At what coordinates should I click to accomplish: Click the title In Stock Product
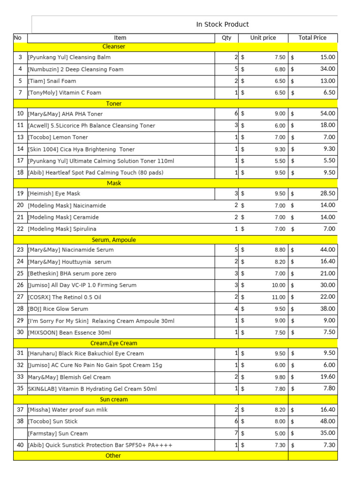pyautogui.click(x=222, y=24)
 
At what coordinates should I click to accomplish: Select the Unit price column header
pyautogui.click(x=263, y=38)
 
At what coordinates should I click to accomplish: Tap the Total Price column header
pyautogui.click(x=313, y=38)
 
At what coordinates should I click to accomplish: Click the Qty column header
pyautogui.click(x=226, y=38)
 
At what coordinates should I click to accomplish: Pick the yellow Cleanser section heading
pyautogui.click(x=114, y=46)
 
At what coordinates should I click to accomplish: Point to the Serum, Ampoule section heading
pyautogui.click(x=114, y=240)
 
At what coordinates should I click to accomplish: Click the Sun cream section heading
pyautogui.click(x=114, y=400)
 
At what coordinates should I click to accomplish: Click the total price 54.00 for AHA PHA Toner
pyautogui.click(x=327, y=113)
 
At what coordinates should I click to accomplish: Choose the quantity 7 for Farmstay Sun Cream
pyautogui.click(x=236, y=433)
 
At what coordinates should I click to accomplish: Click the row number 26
pyautogui.click(x=20, y=285)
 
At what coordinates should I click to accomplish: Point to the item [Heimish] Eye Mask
pyautogui.click(x=54, y=194)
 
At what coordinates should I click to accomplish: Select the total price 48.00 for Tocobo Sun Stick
pyautogui.click(x=327, y=421)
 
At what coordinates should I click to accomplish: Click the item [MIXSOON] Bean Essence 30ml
pyautogui.click(x=69, y=332)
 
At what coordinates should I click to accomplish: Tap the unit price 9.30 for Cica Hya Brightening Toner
pyautogui.click(x=280, y=149)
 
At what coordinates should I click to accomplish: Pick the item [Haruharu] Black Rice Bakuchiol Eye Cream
pyautogui.click(x=86, y=353)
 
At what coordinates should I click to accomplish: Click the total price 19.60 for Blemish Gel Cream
pyautogui.click(x=327, y=377)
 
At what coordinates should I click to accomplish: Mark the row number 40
pyautogui.click(x=20, y=445)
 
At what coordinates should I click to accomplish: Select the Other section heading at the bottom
pyautogui.click(x=113, y=456)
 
